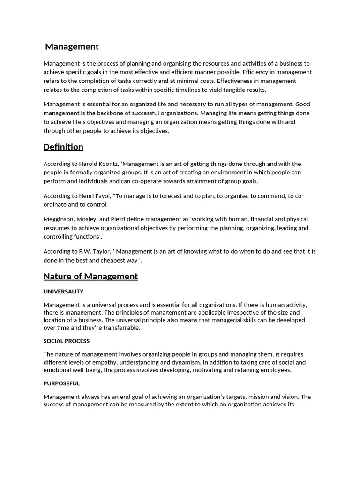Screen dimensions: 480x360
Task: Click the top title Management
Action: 72,46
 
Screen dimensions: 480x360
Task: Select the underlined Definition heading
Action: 63,147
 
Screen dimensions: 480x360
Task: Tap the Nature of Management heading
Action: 90,276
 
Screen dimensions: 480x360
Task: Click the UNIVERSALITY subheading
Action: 63,292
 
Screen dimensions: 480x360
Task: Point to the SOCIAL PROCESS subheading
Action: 67,341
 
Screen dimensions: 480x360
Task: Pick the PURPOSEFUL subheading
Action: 61,383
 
